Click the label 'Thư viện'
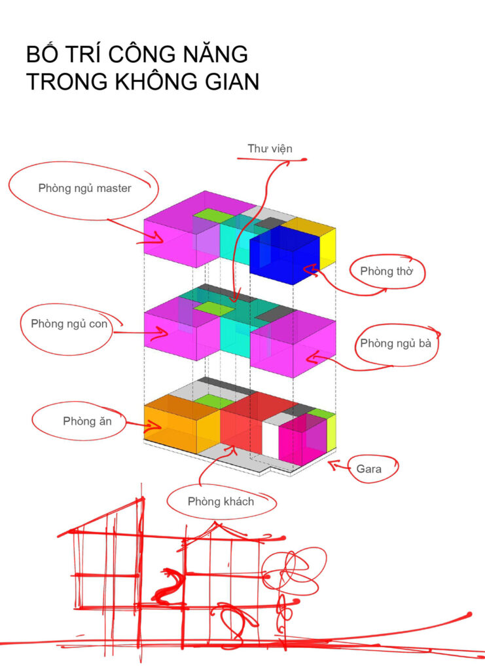(x=270, y=149)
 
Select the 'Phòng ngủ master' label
(x=84, y=188)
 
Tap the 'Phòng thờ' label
(x=386, y=271)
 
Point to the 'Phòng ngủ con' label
(x=69, y=324)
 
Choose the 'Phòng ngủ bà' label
(x=396, y=343)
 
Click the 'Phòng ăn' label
(x=87, y=421)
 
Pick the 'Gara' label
(x=368, y=469)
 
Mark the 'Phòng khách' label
(x=221, y=501)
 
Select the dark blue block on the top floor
(x=284, y=255)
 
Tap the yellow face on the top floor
(x=327, y=249)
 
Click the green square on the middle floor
(x=214, y=308)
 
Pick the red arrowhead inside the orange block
(x=155, y=426)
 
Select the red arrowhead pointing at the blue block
(x=310, y=269)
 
